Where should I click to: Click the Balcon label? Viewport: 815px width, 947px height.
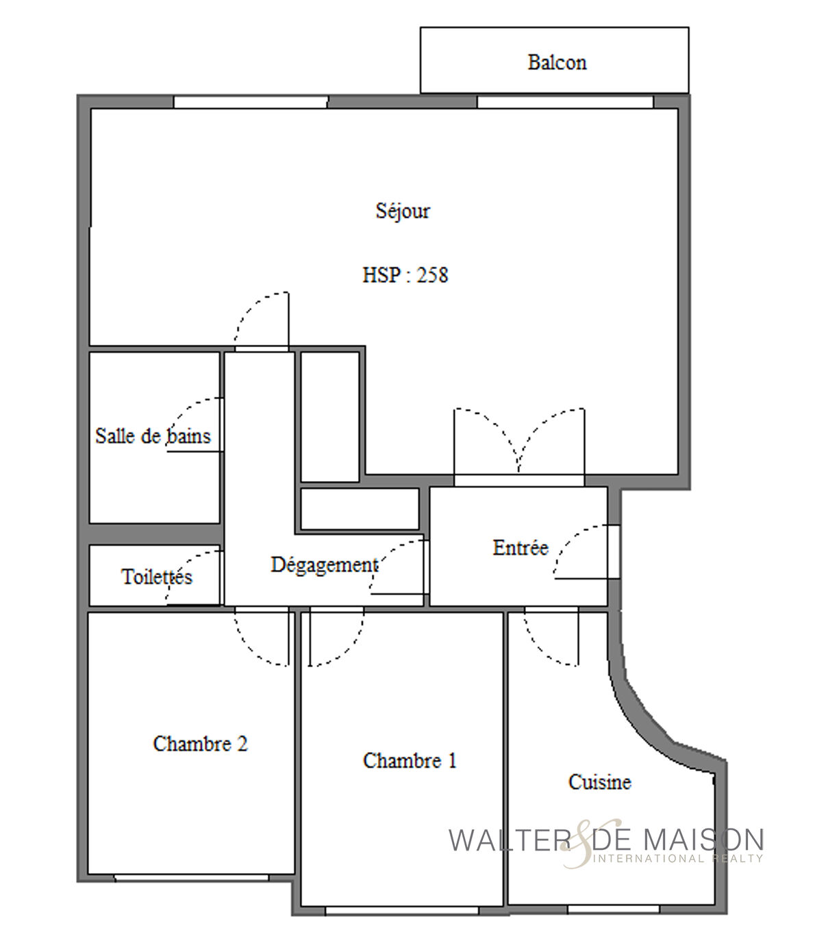pyautogui.click(x=556, y=62)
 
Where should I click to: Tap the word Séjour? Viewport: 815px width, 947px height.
pyautogui.click(x=403, y=211)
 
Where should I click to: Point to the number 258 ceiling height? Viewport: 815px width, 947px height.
pyautogui.click(x=432, y=275)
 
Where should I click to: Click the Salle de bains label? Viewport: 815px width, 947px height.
pyautogui.click(x=153, y=436)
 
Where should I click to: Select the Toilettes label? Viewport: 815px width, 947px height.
pyautogui.click(x=156, y=576)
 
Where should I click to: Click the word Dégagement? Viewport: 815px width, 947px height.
pyautogui.click(x=324, y=565)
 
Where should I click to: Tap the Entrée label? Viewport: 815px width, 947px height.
pyautogui.click(x=520, y=547)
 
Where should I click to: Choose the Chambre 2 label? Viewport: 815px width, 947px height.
pyautogui.click(x=200, y=744)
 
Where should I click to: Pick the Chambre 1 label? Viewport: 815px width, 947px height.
pyautogui.click(x=410, y=760)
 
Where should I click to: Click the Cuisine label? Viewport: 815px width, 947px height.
pyautogui.click(x=599, y=781)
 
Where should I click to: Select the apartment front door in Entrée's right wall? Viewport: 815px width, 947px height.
pyautogui.click(x=614, y=552)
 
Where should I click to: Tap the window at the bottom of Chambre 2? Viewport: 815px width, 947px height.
pyautogui.click(x=191, y=878)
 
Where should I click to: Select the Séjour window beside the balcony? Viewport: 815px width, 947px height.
pyautogui.click(x=565, y=102)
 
